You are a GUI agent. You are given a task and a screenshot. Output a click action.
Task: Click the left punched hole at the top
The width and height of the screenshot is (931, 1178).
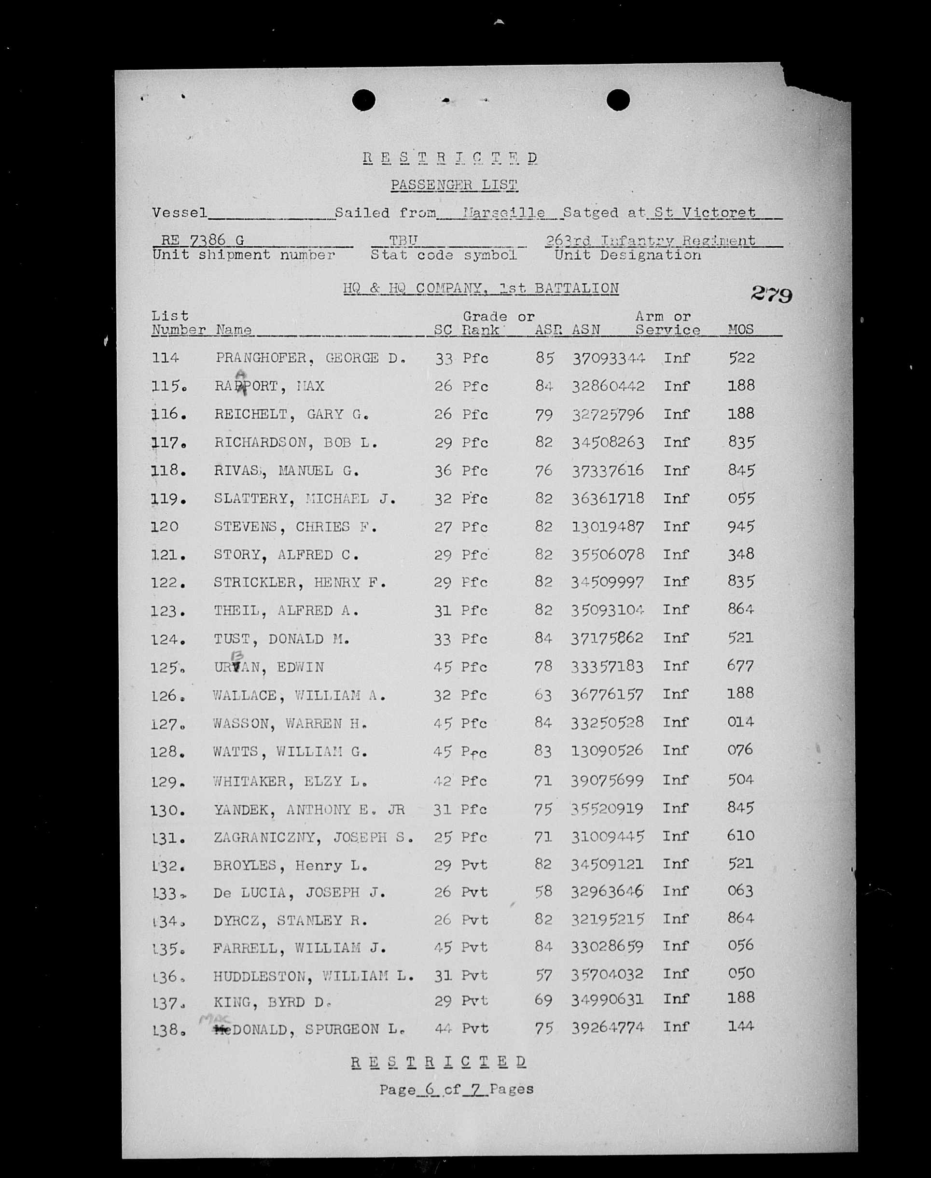point(363,100)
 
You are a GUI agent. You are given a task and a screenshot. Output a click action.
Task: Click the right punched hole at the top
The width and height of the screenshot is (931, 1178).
point(618,100)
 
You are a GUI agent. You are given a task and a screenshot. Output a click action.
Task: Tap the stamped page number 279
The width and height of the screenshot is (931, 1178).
point(771,294)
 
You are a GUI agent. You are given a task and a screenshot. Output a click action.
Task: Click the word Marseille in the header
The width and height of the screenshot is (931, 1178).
point(504,213)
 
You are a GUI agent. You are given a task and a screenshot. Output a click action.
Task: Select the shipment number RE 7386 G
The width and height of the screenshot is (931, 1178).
point(202,240)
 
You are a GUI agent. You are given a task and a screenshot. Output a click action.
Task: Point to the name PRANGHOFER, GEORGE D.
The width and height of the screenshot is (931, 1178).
point(310,358)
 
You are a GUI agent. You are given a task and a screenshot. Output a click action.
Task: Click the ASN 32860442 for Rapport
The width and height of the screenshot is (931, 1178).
point(608,386)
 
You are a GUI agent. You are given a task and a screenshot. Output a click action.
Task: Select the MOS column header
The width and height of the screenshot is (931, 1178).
point(741,329)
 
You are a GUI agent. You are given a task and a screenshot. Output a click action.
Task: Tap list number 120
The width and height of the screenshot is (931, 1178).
point(165,527)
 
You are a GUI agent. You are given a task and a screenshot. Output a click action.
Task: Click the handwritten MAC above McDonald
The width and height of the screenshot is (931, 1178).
point(216,1018)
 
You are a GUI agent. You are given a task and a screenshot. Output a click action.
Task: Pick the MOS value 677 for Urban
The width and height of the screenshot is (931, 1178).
point(741,666)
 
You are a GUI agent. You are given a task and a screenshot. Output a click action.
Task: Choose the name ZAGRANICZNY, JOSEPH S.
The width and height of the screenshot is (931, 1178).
point(313,837)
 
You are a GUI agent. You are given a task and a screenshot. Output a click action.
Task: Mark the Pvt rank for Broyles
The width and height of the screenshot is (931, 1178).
point(474,865)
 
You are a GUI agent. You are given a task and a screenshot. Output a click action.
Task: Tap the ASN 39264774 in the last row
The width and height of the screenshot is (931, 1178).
point(607,1028)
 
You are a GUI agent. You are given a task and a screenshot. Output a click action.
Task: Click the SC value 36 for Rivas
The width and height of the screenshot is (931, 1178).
point(443,470)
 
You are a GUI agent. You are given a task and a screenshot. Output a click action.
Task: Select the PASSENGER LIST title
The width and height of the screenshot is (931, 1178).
point(454,185)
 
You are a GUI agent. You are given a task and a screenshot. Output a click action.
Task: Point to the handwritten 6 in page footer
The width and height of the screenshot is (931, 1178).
point(431,1089)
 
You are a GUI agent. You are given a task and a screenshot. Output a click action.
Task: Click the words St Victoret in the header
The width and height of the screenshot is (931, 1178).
point(705,212)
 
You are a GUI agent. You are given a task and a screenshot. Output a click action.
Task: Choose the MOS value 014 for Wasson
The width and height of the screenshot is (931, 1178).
point(741,722)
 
